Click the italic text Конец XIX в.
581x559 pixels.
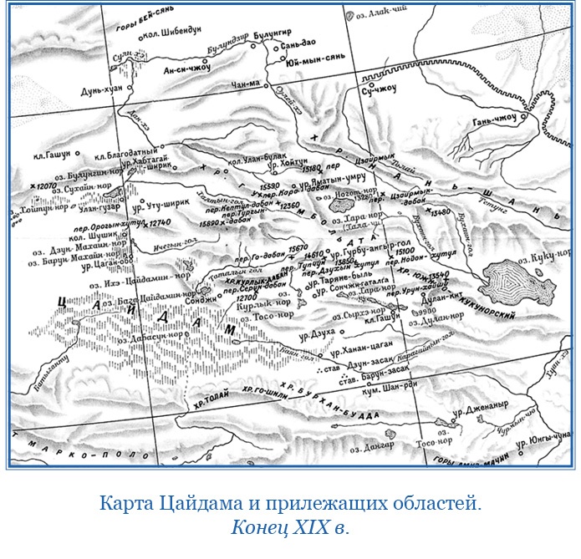coord(289,527)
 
